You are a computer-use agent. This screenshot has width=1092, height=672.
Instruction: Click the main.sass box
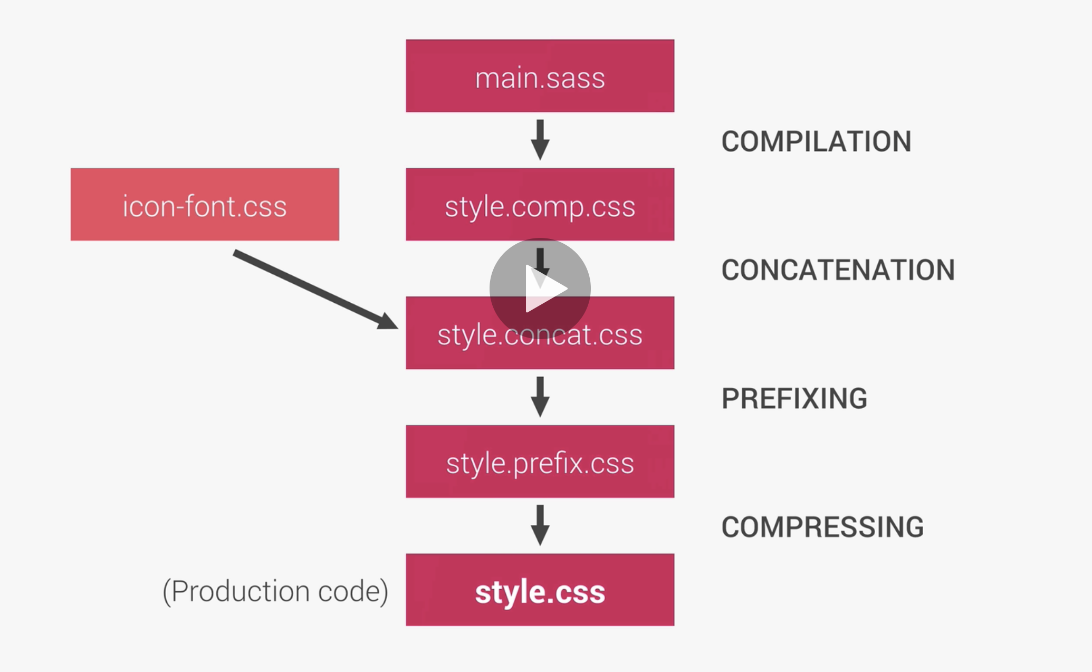(540, 75)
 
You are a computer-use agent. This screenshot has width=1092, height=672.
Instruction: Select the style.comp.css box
(540, 204)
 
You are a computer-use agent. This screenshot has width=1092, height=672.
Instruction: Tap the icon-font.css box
(205, 204)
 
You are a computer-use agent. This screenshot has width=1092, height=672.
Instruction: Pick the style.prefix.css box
(540, 462)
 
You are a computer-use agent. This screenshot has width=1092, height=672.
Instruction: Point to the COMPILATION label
(816, 141)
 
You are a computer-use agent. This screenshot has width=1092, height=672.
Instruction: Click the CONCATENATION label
(838, 270)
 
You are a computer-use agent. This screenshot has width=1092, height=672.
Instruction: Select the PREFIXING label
(794, 398)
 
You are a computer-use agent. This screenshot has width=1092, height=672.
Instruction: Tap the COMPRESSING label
(822, 527)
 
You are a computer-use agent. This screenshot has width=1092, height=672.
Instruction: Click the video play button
(540, 289)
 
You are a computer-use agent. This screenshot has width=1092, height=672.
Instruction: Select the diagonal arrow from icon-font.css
(311, 287)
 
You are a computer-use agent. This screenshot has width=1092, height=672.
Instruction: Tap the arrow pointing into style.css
(540, 525)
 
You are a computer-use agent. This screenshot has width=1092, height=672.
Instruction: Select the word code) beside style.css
(353, 591)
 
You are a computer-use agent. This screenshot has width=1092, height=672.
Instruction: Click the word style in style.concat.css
(466, 335)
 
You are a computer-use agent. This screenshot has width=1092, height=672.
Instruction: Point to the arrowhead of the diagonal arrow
(388, 321)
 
